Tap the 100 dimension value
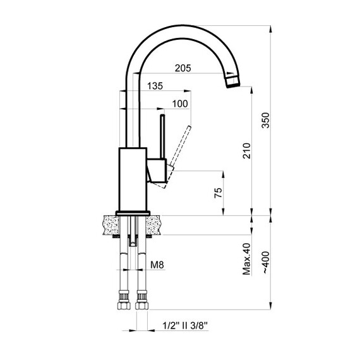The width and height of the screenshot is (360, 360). [x=180, y=104]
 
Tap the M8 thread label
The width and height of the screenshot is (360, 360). [x=158, y=266]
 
